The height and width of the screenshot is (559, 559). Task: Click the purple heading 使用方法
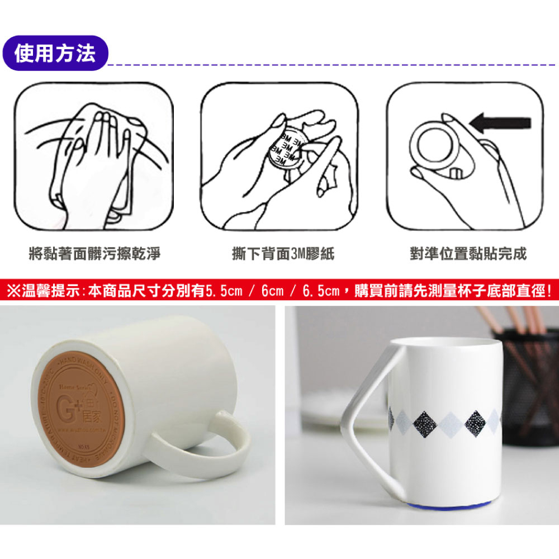point(55,53)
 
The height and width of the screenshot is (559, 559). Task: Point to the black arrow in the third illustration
point(500,122)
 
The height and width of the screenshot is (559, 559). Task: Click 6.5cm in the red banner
point(321,291)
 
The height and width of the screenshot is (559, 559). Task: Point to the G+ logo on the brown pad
point(73,402)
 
